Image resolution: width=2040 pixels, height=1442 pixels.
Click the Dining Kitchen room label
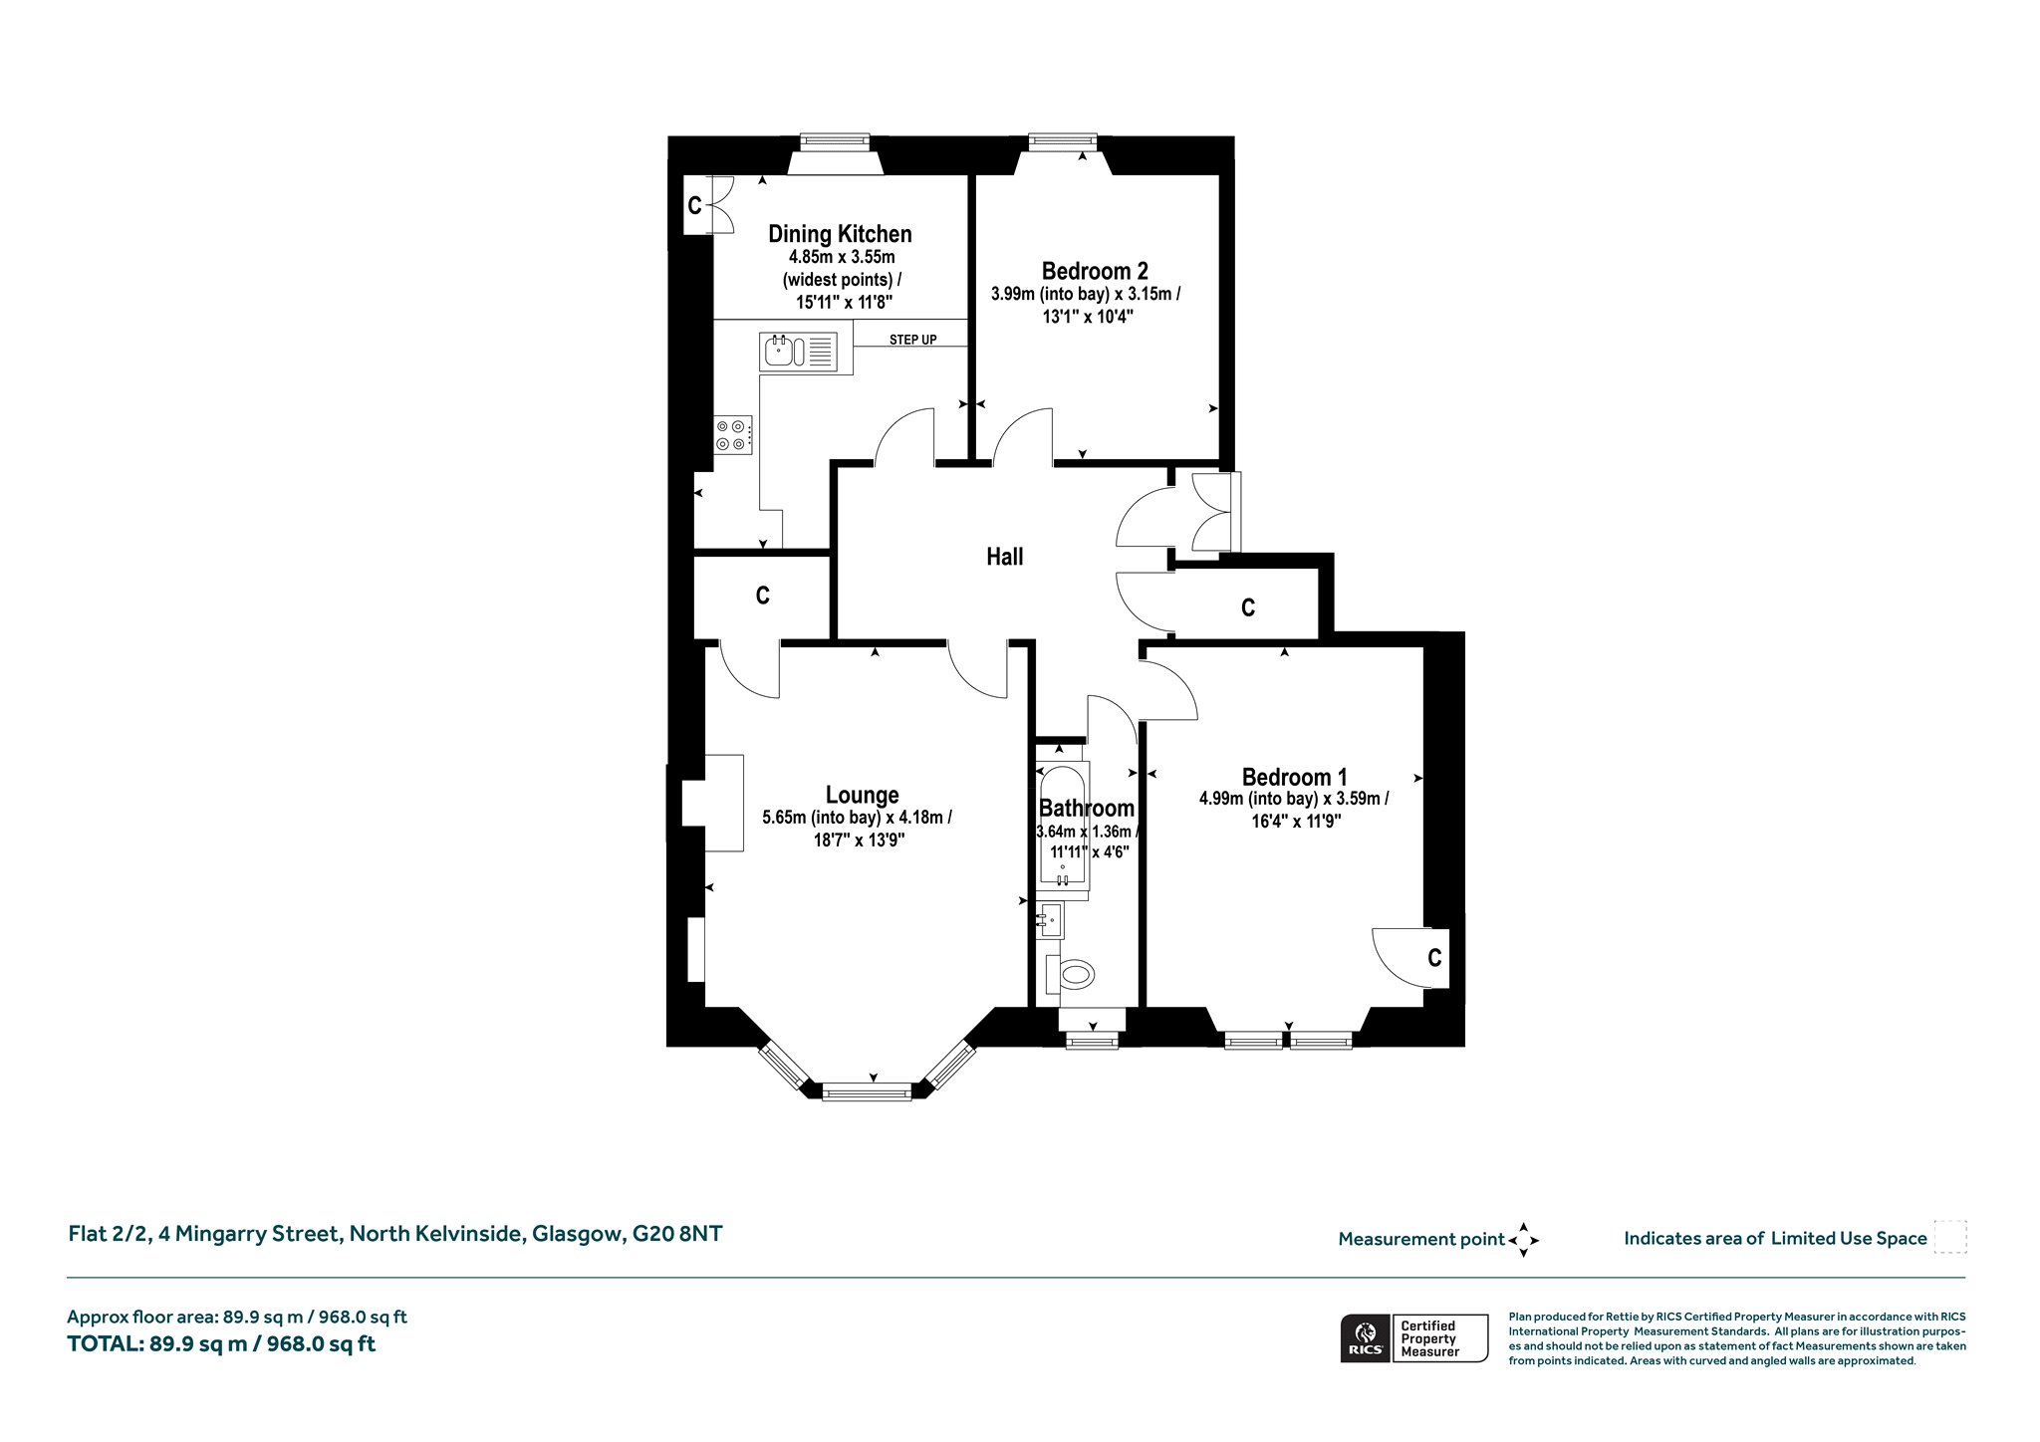840,234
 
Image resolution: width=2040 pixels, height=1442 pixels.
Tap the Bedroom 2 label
1095,271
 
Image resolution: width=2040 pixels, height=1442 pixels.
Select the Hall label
1004,557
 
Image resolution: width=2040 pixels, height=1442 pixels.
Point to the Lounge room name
862,795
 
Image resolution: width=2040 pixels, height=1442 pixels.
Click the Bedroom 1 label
1294,777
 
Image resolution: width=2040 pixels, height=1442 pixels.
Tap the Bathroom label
1086,809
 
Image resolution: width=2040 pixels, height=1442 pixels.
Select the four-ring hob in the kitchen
732,435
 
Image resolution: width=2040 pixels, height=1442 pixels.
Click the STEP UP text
912,341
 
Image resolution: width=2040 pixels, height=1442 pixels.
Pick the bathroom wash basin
1050,920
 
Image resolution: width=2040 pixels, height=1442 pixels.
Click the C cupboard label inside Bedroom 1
1434,958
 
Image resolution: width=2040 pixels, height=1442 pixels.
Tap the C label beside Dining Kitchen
694,206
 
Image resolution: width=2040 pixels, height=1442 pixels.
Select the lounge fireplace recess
713,803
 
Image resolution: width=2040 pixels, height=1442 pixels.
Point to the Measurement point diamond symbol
1523,1240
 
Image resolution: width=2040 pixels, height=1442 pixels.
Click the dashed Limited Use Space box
1950,1237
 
